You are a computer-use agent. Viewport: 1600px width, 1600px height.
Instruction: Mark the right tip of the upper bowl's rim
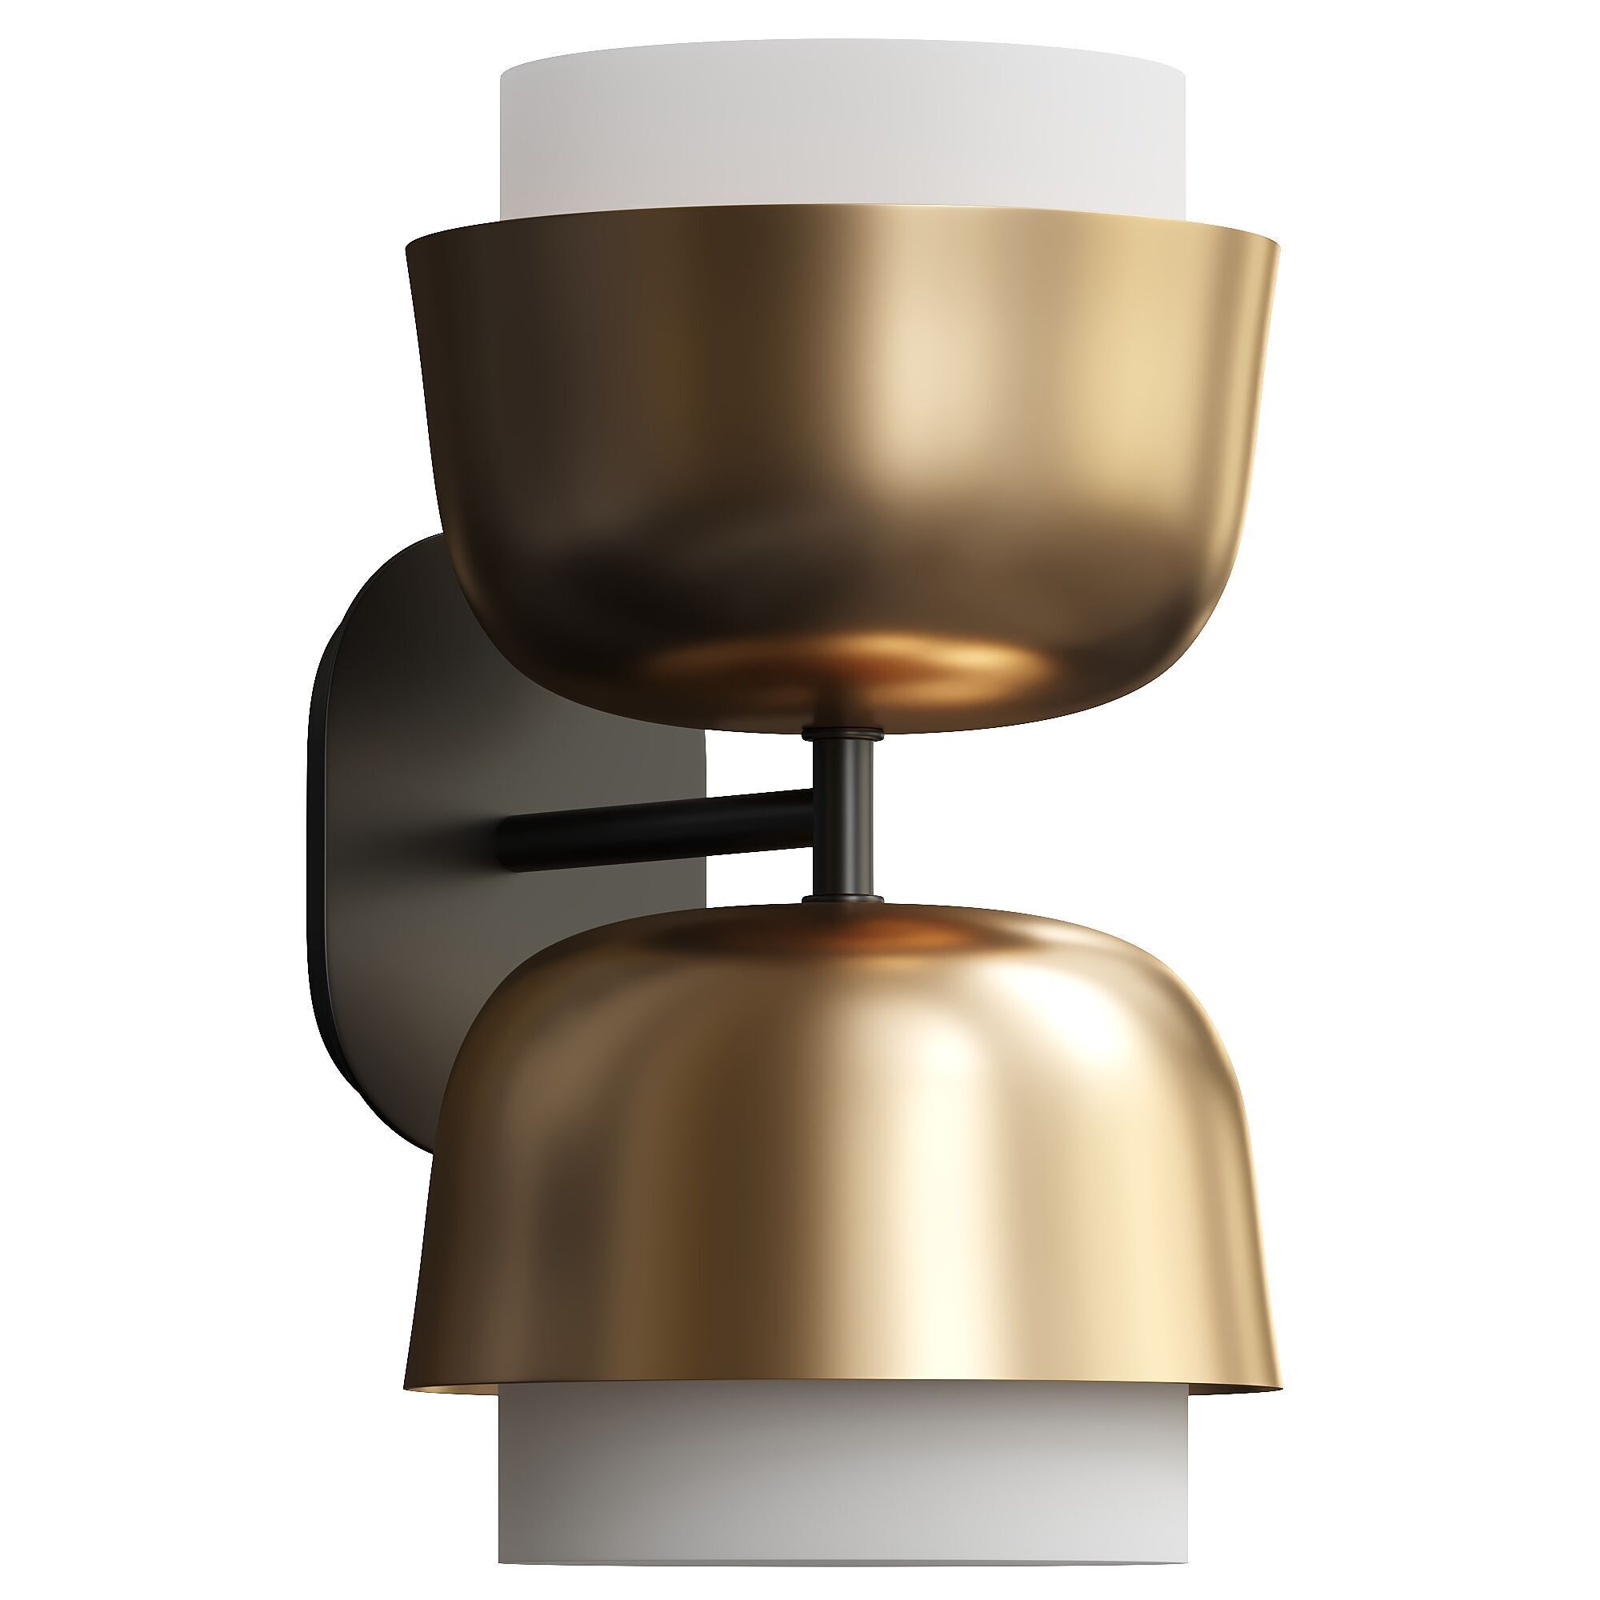[x=1278, y=246]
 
